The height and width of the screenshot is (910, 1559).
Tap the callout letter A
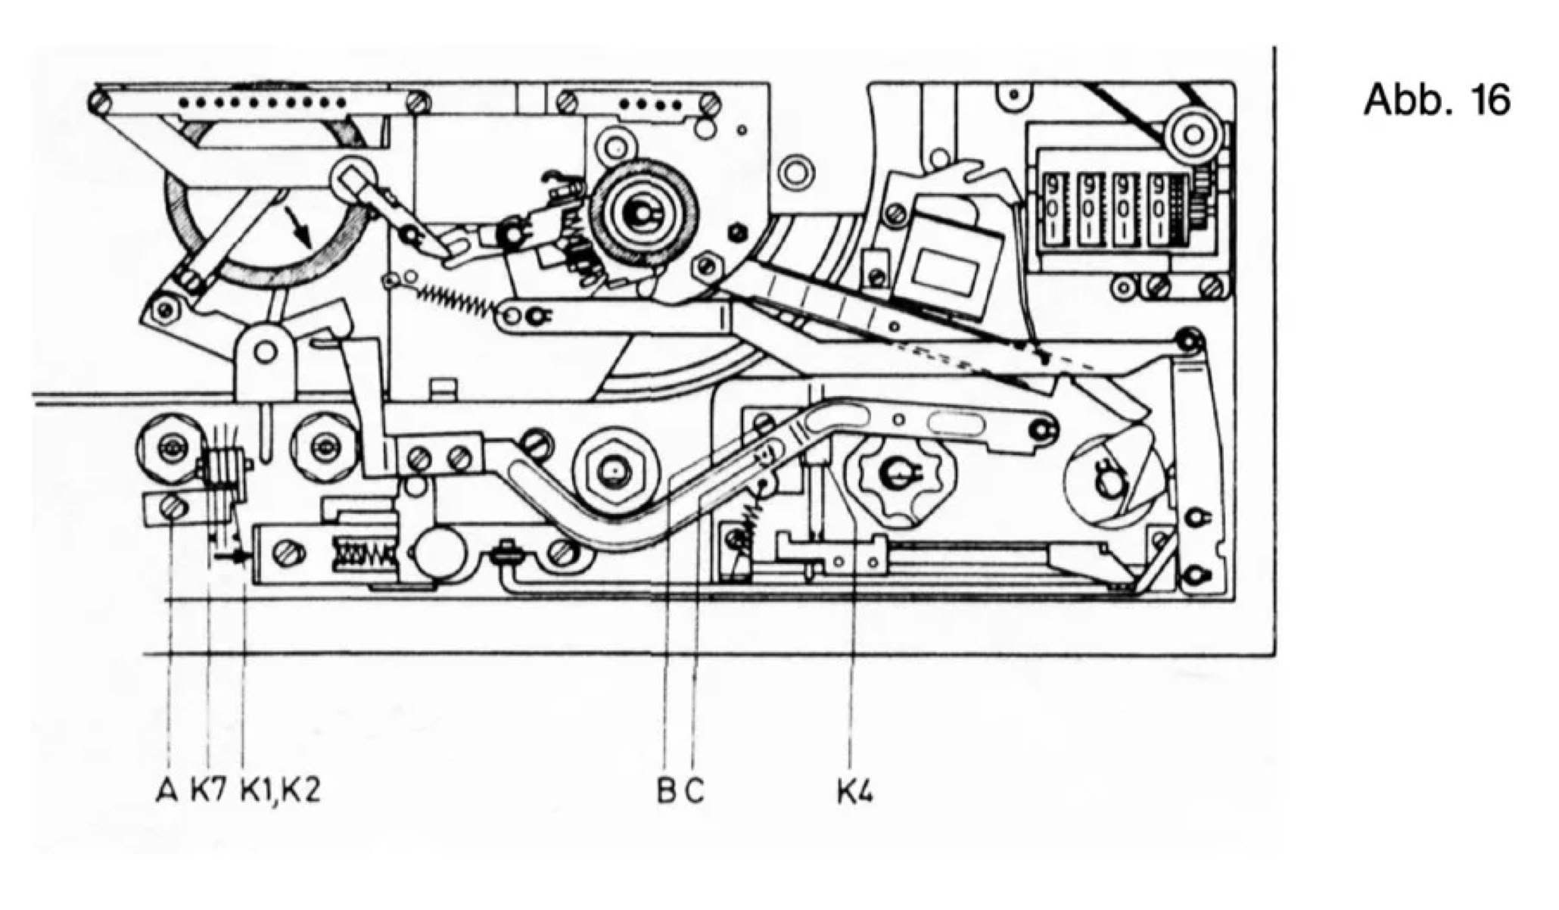pos(166,791)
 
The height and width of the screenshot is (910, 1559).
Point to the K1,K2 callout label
pos(280,791)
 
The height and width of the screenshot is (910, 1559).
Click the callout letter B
pos(666,791)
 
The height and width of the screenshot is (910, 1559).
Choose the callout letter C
pos(695,791)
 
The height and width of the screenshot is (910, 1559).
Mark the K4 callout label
pos(854,791)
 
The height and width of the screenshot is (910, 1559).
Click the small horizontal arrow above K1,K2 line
pos(232,556)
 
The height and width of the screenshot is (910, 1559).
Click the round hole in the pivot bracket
pos(264,351)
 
